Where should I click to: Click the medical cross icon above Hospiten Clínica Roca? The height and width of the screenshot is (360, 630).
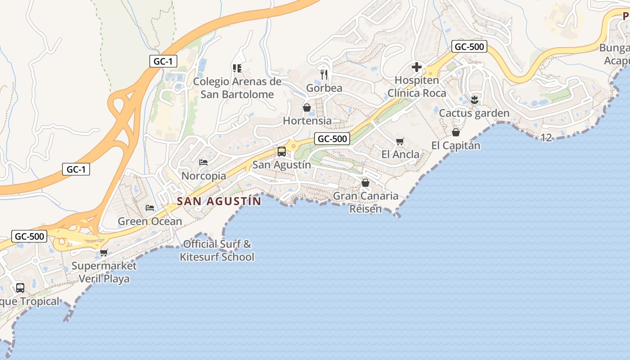click(x=417, y=67)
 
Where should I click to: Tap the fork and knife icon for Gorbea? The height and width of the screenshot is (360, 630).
click(x=324, y=74)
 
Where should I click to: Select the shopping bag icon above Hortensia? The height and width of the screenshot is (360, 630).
click(x=307, y=108)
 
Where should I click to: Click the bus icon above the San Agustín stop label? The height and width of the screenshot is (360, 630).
click(x=282, y=152)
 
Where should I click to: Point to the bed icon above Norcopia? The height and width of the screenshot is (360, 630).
click(x=203, y=162)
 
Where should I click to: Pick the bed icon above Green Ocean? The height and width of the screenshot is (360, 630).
click(x=150, y=207)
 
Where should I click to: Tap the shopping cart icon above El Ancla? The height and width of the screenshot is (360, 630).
click(x=400, y=141)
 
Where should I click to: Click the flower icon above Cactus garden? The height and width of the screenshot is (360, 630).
click(x=474, y=99)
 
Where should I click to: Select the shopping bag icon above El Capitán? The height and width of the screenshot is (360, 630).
click(x=456, y=132)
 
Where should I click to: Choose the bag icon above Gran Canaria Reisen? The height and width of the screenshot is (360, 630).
click(x=365, y=183)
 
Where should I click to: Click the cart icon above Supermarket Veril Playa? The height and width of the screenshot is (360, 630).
click(x=104, y=252)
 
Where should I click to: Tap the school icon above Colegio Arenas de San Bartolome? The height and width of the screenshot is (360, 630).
click(x=237, y=68)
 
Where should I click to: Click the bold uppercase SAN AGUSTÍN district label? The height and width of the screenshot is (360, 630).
click(x=219, y=201)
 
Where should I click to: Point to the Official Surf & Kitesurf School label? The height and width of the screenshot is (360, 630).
click(x=217, y=251)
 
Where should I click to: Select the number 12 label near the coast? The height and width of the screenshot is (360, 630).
click(x=546, y=138)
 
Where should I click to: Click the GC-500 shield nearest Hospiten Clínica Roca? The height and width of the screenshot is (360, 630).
click(x=469, y=46)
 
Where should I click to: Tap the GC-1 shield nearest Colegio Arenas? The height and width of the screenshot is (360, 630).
click(x=163, y=62)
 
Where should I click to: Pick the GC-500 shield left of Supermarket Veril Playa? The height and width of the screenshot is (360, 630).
click(x=30, y=236)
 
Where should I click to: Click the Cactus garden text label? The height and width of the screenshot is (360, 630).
click(x=474, y=113)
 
